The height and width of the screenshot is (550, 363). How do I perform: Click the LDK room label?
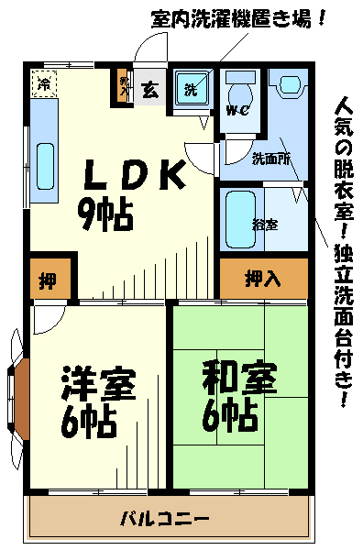[x=135, y=173]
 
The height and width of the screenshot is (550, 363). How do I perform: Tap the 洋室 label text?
[x=99, y=384]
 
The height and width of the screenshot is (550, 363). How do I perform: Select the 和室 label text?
[x=240, y=378]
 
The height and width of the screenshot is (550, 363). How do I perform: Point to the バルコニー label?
[x=165, y=519]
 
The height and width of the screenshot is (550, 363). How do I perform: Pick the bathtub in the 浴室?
[x=240, y=220]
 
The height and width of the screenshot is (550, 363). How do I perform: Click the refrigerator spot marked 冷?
[x=44, y=83]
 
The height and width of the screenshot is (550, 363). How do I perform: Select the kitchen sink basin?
[x=46, y=166]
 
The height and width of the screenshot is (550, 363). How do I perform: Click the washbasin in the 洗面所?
[x=290, y=84]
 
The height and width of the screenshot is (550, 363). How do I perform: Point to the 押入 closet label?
[x=263, y=279]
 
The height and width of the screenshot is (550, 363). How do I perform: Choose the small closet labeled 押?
[x=50, y=280]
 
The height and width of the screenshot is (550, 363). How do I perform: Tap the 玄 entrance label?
[x=150, y=90]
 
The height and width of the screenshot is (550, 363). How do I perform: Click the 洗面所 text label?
[x=271, y=159]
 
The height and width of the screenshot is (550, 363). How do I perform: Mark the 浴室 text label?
[x=265, y=225]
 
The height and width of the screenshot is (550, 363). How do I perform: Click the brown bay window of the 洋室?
[x=22, y=399]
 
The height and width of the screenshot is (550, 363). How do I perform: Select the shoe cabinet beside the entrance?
[x=123, y=86]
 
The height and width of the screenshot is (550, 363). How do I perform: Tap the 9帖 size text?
[x=105, y=215]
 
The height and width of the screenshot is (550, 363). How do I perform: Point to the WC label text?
[x=237, y=111]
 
